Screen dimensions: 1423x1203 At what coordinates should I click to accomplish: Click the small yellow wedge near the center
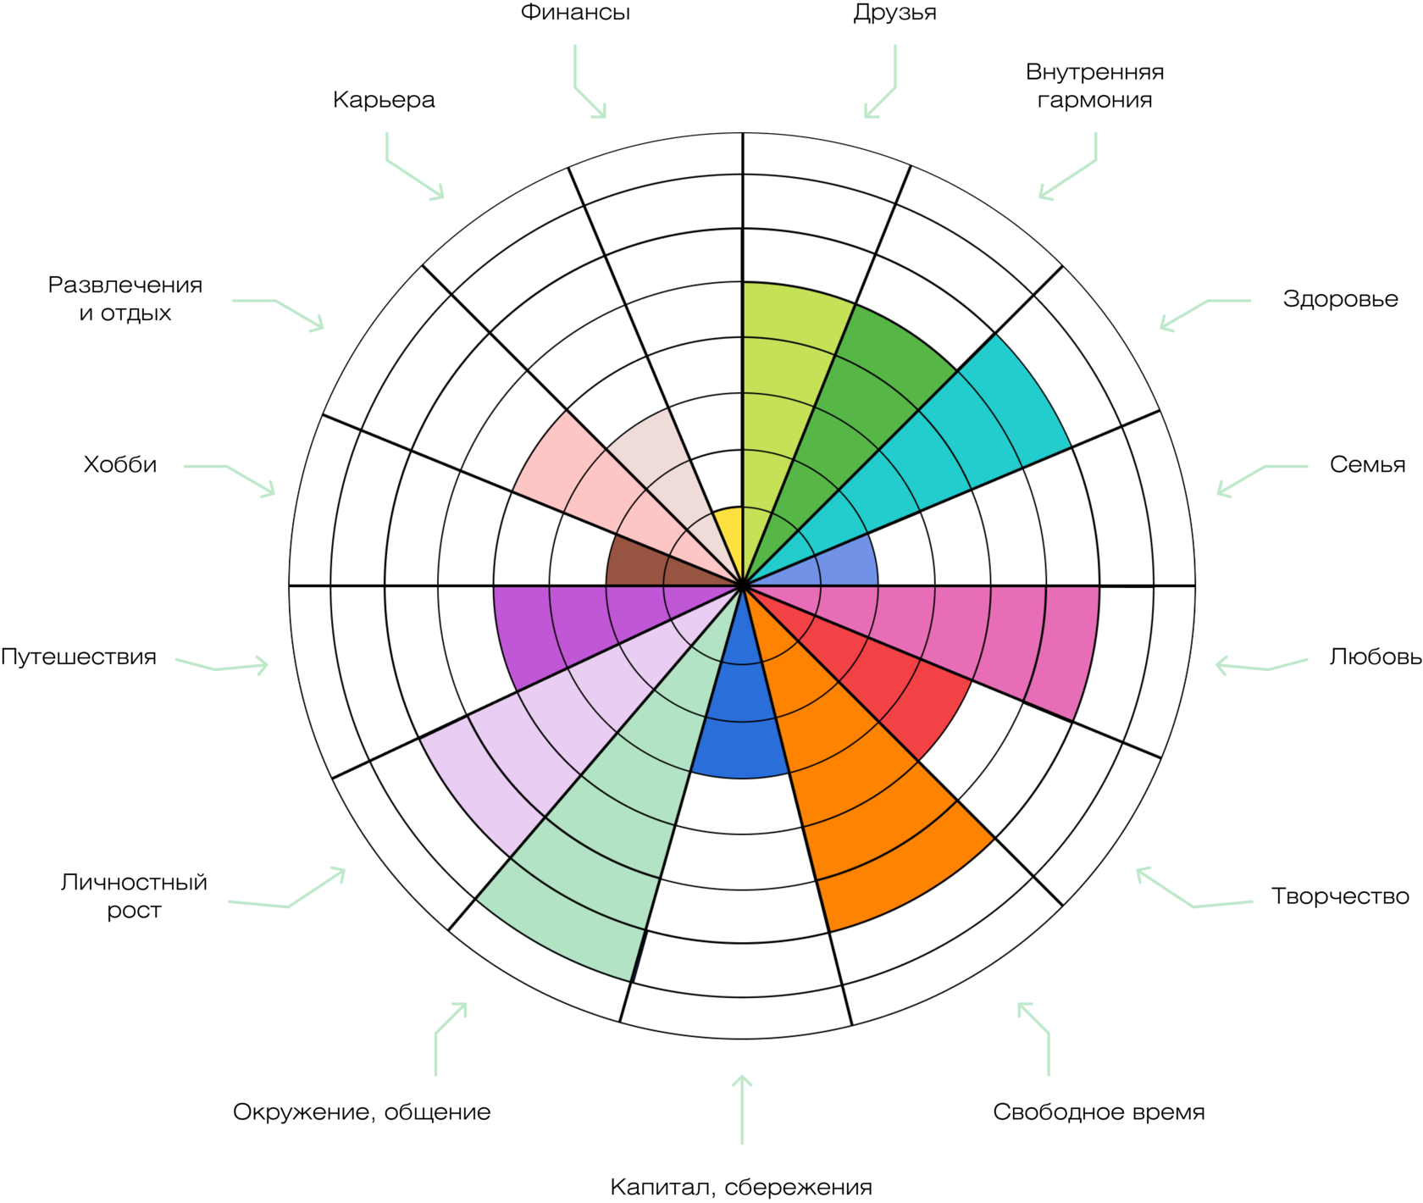coord(730,534)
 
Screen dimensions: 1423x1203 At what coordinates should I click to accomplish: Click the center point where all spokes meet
coord(743,585)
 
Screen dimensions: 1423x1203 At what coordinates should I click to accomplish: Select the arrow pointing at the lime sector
coord(881,93)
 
